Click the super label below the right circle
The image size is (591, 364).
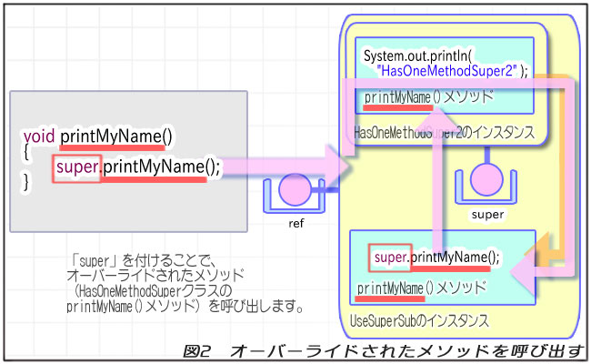487,216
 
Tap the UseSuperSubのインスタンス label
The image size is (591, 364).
420,321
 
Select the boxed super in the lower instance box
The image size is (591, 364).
391,258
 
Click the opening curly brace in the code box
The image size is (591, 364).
27,152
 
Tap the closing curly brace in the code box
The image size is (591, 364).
27,182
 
